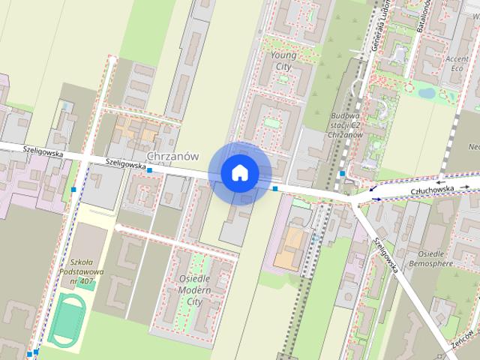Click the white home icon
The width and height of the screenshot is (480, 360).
pos(239,172)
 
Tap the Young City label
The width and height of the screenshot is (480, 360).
pos(283,61)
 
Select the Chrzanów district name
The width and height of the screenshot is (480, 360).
pos(173,156)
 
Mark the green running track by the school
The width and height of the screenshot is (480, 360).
pos(67,319)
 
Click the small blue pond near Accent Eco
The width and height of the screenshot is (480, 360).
pos(427,93)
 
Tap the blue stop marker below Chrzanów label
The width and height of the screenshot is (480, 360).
pos(150,171)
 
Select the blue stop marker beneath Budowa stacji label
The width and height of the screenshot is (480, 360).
pos(342,174)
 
